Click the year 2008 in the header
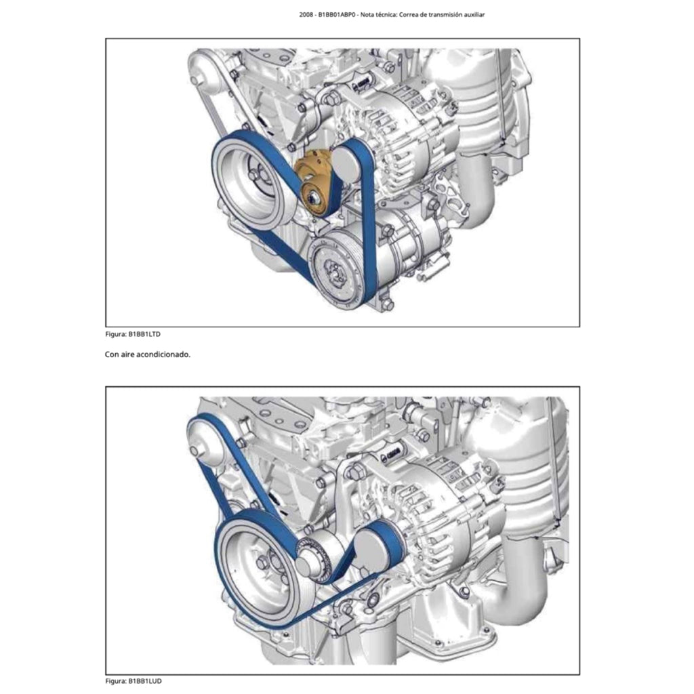tap(306, 15)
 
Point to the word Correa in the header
tap(409, 15)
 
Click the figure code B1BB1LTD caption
tap(144, 334)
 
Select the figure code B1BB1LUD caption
tap(145, 681)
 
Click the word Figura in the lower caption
tap(115, 681)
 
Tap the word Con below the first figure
tap(112, 354)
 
